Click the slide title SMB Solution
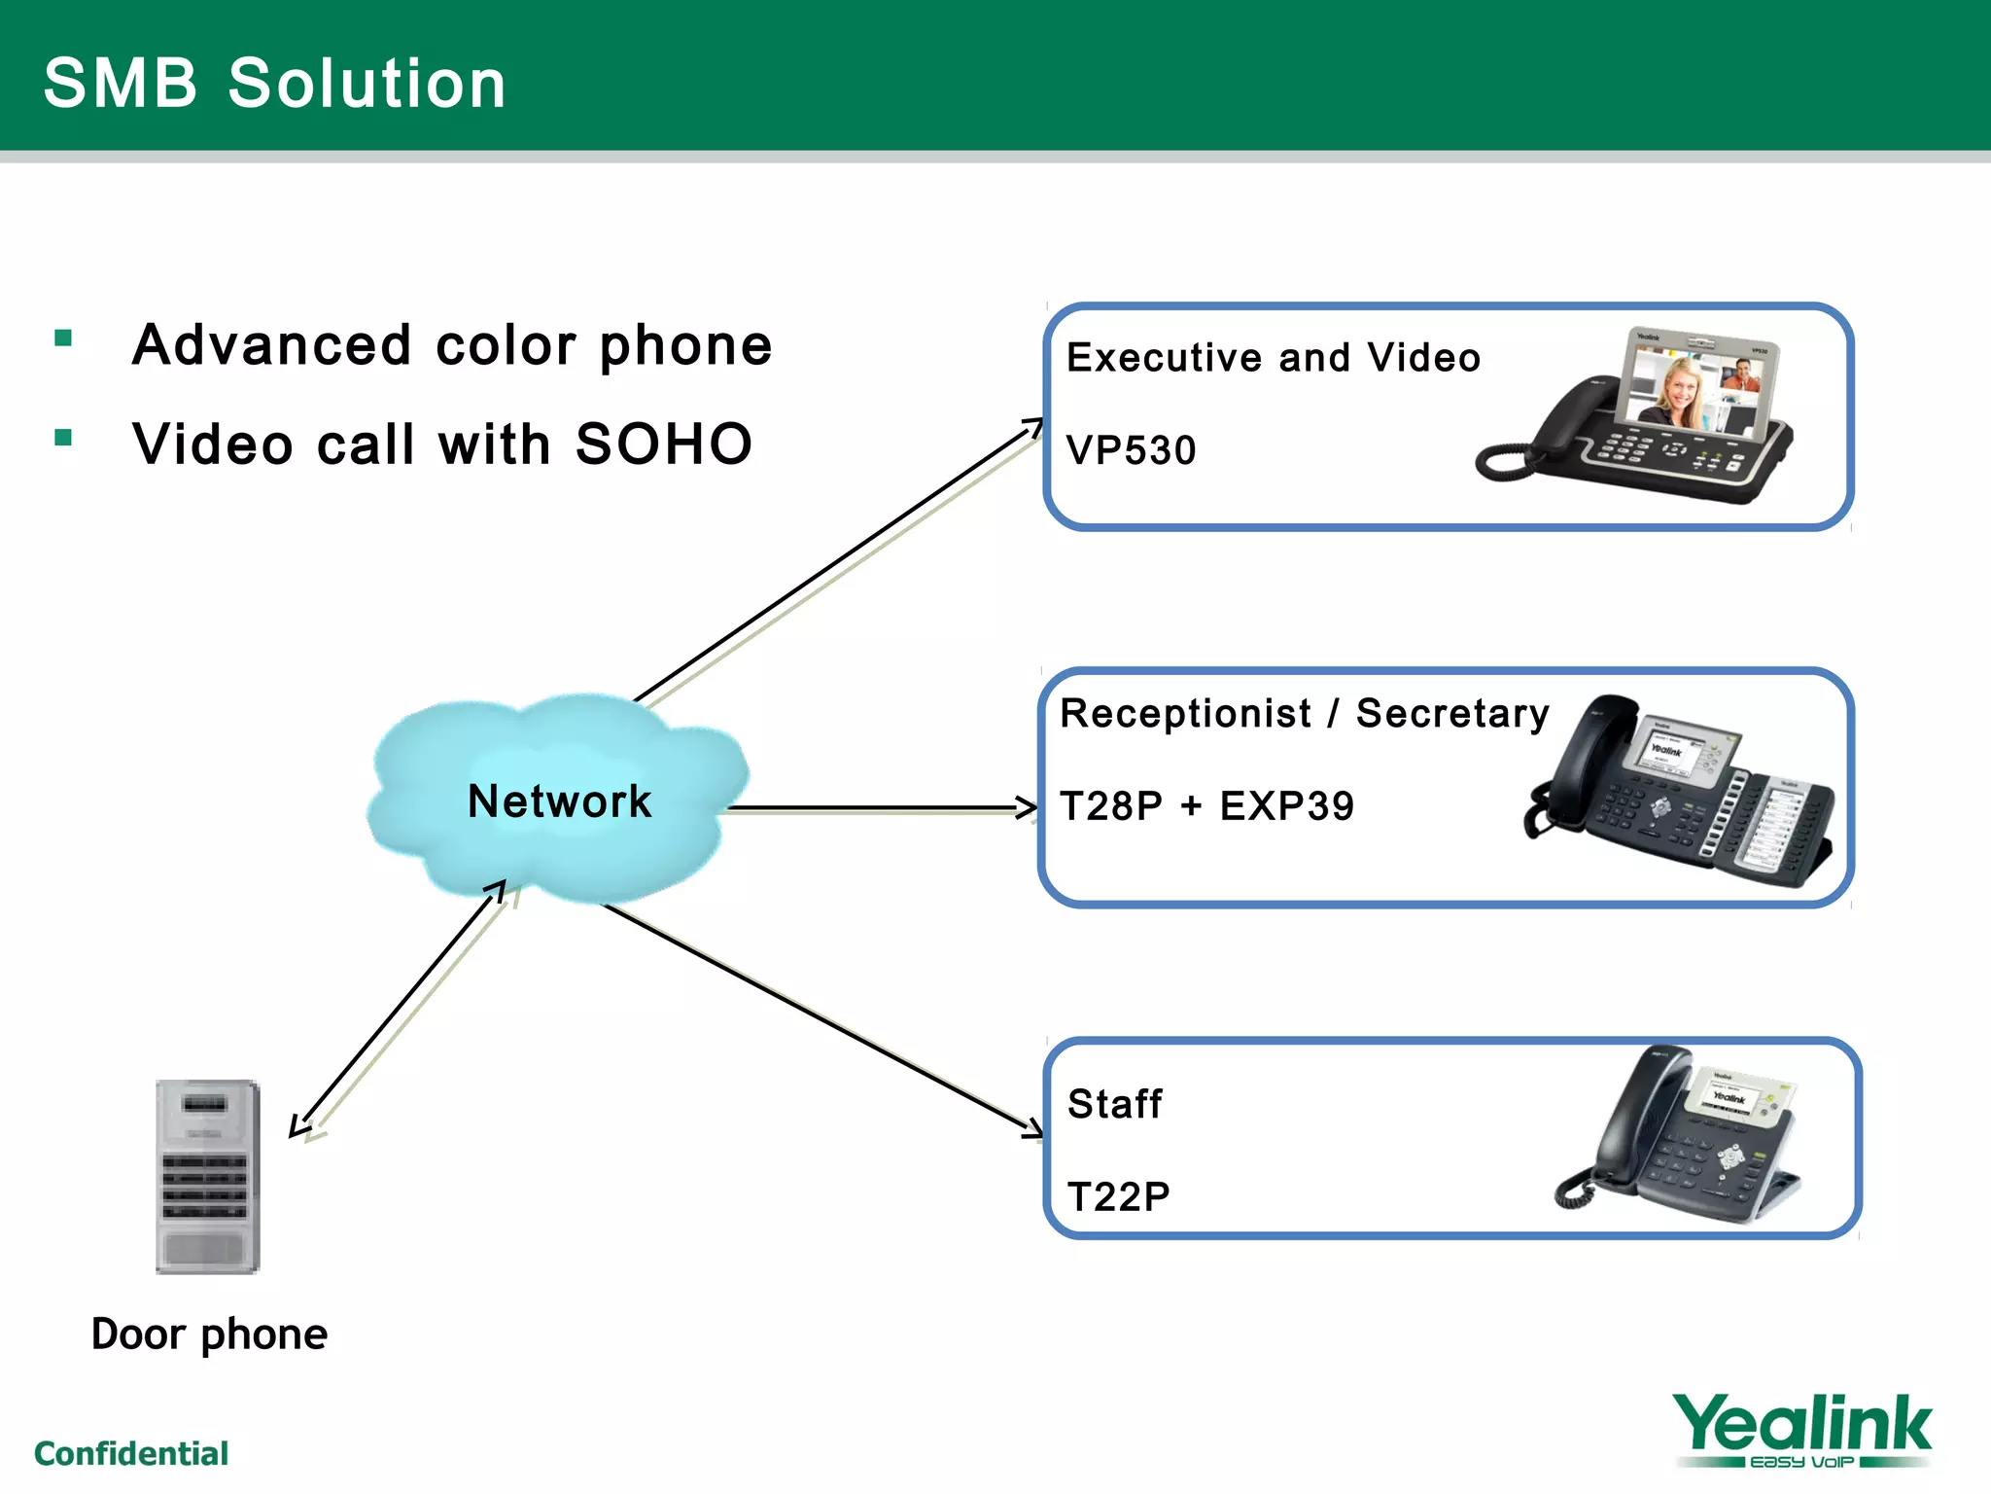[x=275, y=84]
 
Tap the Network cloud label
[x=559, y=801]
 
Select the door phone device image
[x=208, y=1176]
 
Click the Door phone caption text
[x=209, y=1334]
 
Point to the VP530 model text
[x=1131, y=450]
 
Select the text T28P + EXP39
[x=1206, y=806]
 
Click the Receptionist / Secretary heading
[x=1304, y=714]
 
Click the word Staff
[x=1114, y=1104]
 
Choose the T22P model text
[x=1118, y=1196]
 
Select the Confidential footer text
[x=131, y=1453]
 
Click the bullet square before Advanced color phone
[x=64, y=338]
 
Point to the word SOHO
[x=664, y=445]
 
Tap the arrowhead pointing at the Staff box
[x=1034, y=1128]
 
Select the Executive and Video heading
[x=1273, y=358]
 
